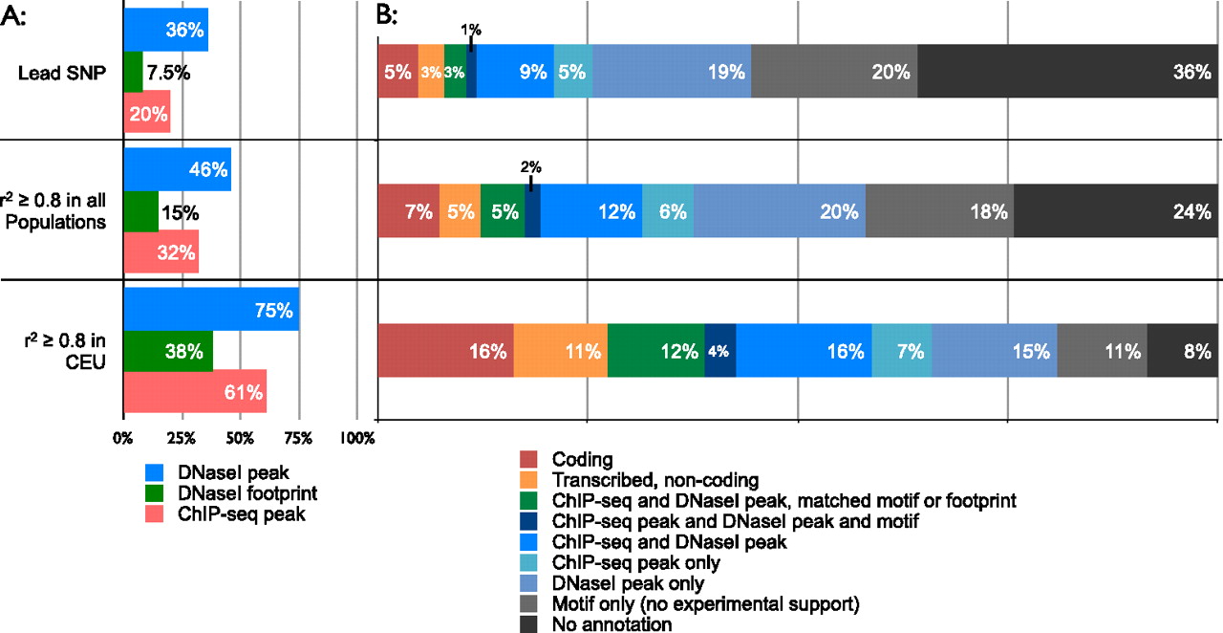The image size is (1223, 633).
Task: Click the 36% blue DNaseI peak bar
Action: click(165, 30)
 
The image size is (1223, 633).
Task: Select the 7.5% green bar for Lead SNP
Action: click(133, 71)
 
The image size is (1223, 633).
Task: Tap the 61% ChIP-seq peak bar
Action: click(195, 391)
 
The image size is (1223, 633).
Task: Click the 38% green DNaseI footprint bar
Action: click(168, 351)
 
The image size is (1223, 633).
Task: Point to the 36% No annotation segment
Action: click(1066, 71)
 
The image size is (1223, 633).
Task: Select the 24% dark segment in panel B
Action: click(1114, 211)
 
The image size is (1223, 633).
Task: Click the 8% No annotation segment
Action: click(1181, 351)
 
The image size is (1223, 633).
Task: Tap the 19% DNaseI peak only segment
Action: click(672, 71)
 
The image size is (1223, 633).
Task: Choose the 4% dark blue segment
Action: click(719, 351)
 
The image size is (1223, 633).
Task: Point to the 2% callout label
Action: click(530, 166)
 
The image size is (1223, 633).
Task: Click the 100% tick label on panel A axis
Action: click(357, 438)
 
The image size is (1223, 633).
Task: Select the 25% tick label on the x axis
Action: click(182, 438)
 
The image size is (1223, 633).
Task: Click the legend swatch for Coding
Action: click(528, 459)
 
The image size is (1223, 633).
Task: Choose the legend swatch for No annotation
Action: click(528, 623)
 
